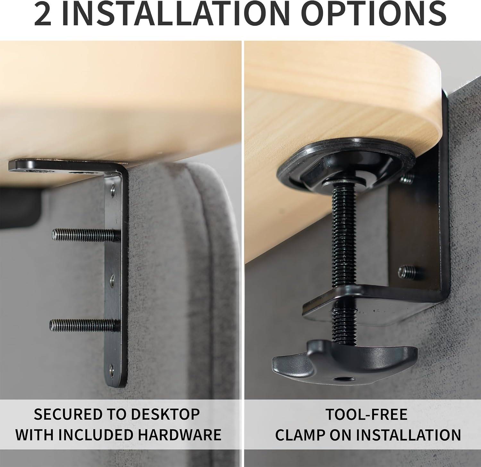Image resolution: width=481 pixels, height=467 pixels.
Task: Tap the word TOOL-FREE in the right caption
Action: coord(367,414)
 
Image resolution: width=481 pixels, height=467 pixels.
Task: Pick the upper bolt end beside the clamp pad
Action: coord(407,178)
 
